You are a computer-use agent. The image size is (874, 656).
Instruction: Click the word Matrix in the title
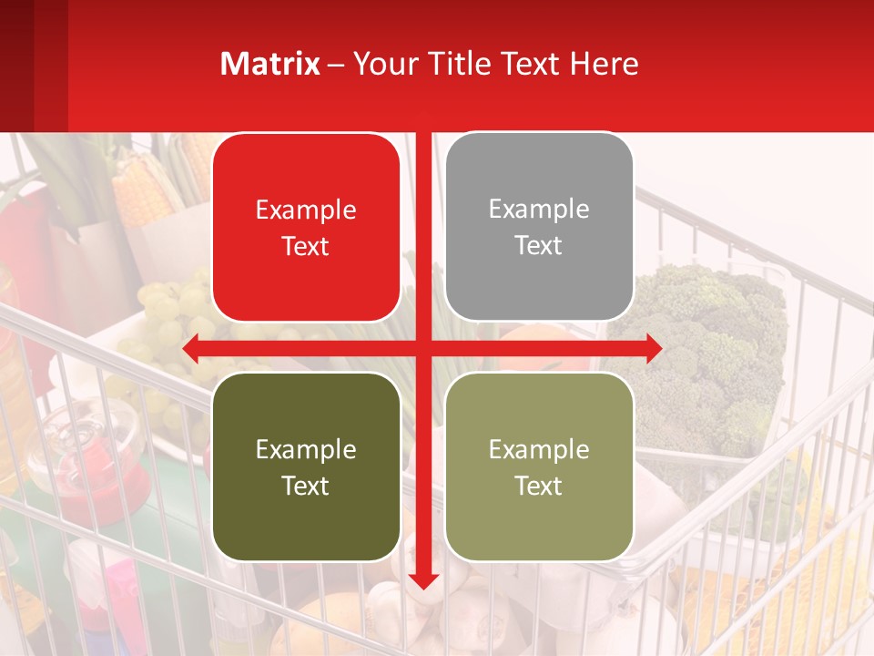coord(269,64)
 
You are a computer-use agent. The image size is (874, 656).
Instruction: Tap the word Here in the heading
coord(605,64)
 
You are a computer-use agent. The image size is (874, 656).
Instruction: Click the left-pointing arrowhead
coord(192,348)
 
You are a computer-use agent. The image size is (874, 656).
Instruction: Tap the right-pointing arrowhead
coord(653,348)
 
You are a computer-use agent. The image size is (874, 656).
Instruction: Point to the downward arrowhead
coord(423,580)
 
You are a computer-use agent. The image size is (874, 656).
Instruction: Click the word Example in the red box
coord(306,210)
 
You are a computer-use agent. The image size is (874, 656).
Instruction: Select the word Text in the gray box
coord(539,246)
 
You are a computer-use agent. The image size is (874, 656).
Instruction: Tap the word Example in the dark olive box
coord(306,449)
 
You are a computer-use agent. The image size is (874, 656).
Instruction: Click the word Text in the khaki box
coord(539,486)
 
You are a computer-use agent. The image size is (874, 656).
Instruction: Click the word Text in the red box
coord(306,247)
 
